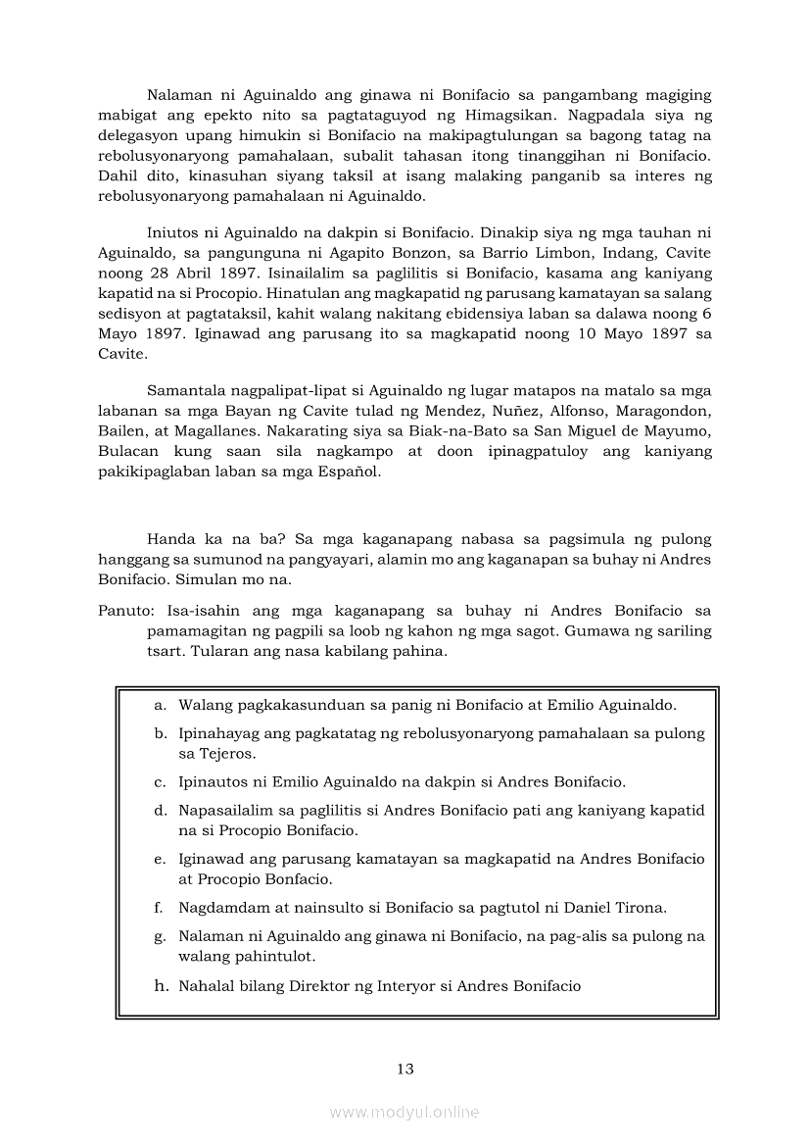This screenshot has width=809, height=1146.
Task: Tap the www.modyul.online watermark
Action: (x=404, y=1112)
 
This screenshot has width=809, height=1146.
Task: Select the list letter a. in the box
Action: (x=160, y=704)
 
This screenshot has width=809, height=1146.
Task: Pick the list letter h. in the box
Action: (x=162, y=985)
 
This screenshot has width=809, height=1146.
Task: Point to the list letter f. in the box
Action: (x=159, y=907)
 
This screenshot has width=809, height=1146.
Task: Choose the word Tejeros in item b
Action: (x=227, y=753)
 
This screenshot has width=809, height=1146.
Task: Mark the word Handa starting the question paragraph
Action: (x=169, y=539)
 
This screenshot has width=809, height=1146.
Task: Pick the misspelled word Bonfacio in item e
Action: (x=293, y=878)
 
